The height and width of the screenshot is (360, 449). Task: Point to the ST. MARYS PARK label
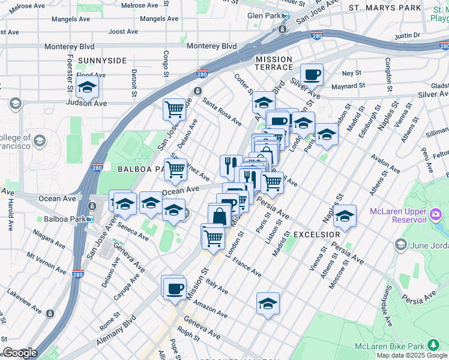pos(385,8)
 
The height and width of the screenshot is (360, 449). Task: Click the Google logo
pos(19,353)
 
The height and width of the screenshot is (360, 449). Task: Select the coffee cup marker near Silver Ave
pos(312,75)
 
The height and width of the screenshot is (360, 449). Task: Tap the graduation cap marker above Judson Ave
pos(87,88)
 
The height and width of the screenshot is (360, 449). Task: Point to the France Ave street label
pos(247,268)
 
